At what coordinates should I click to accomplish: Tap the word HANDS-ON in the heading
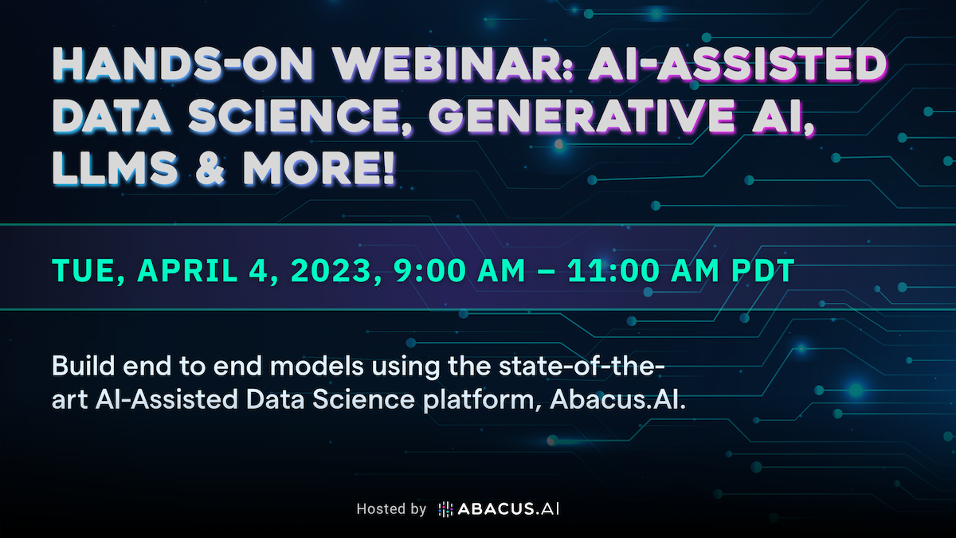coord(182,64)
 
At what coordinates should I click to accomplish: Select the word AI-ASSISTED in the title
coord(738,64)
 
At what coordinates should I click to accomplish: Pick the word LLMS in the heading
coord(115,168)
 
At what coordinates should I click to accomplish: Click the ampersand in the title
coord(210,168)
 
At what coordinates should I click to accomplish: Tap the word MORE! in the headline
coord(319,168)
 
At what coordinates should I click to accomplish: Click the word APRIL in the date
coord(187,270)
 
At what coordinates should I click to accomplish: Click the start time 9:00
coord(429,270)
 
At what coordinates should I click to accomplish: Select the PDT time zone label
coord(763,270)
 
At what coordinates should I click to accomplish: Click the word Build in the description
coord(83,366)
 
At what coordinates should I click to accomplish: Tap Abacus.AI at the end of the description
coord(617,399)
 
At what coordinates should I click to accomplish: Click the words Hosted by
coord(391,509)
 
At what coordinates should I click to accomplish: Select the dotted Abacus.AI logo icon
coord(445,509)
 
